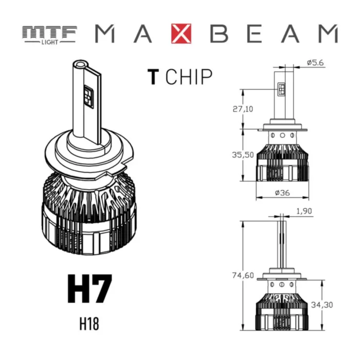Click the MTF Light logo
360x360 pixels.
click(49, 34)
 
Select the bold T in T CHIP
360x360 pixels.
click(152, 77)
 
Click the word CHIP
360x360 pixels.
click(189, 77)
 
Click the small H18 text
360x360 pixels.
click(88, 325)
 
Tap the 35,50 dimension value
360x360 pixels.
click(243, 155)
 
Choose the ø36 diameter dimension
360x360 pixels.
click(282, 192)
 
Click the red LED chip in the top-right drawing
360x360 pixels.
click(282, 89)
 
